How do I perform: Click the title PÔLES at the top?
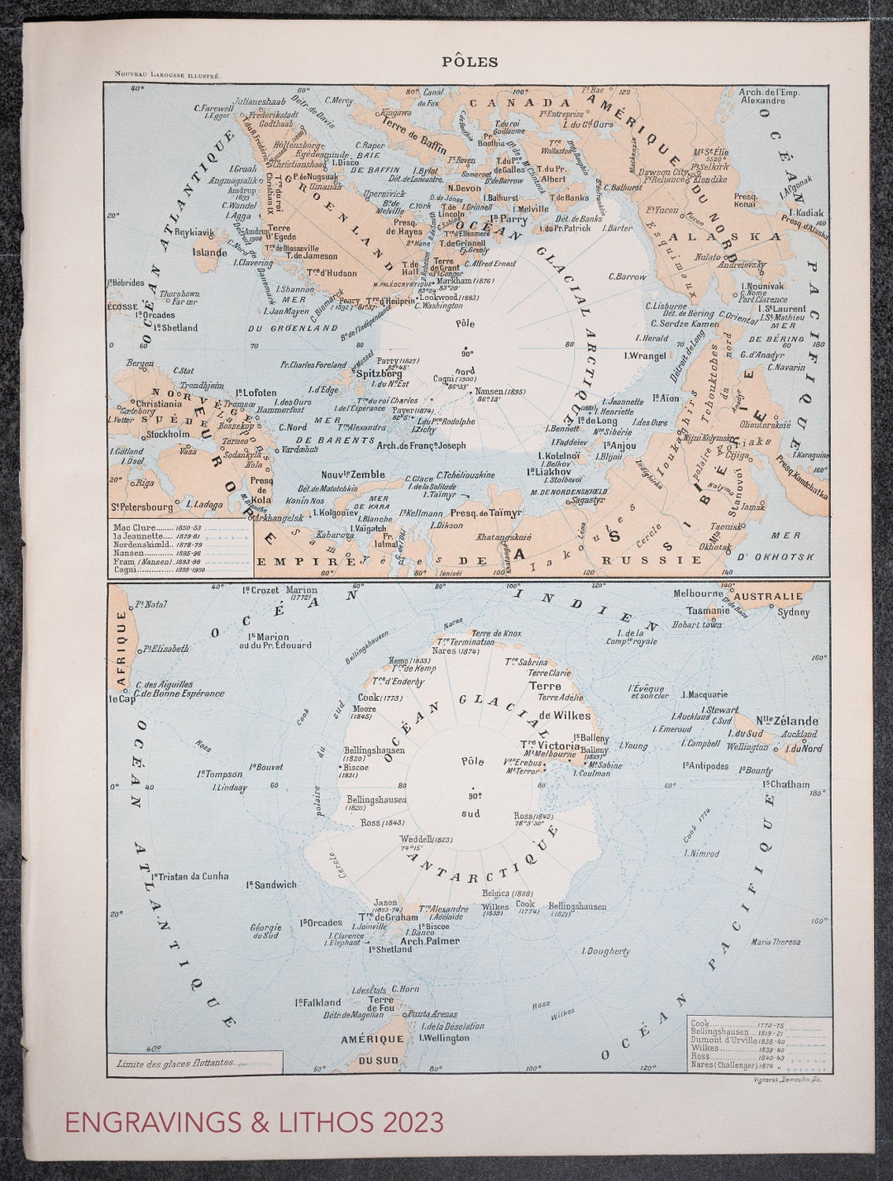tap(470, 61)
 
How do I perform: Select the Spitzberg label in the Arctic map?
tap(379, 374)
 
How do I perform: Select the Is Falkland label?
tap(318, 1002)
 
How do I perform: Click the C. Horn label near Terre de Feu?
tap(405, 988)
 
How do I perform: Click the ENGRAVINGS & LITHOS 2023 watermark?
tap(254, 1122)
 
